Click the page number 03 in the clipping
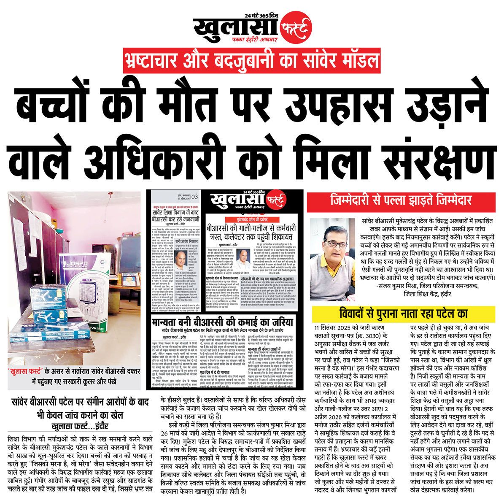(x=194, y=196)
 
